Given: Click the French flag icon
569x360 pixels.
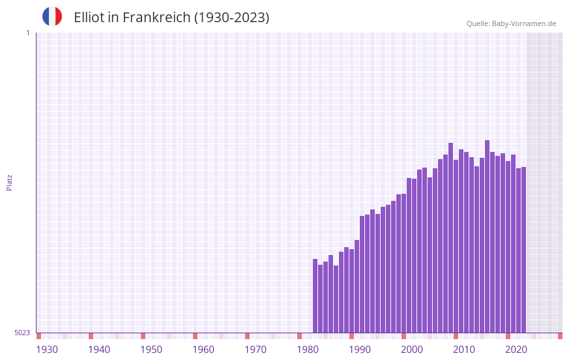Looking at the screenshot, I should pyautogui.click(x=52, y=16).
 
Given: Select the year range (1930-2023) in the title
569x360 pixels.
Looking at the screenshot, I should pyautogui.click(x=231, y=18).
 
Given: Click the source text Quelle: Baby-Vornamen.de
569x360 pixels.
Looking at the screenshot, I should pyautogui.click(x=511, y=23).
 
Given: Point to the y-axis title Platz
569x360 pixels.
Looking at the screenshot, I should pyautogui.click(x=9, y=182).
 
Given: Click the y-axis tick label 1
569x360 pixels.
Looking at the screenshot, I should pyautogui.click(x=27, y=33).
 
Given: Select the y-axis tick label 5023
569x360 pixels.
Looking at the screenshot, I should pyautogui.click(x=22, y=333).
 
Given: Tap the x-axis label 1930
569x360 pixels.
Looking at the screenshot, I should pyautogui.click(x=47, y=350).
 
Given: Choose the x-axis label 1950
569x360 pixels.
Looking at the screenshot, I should pyautogui.click(x=151, y=350).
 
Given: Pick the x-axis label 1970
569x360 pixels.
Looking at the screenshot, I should pyautogui.click(x=255, y=350).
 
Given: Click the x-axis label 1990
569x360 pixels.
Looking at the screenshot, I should pyautogui.click(x=360, y=350).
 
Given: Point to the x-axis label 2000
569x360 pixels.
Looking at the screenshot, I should pyautogui.click(x=412, y=350).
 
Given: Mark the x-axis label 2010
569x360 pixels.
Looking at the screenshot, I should pyautogui.click(x=464, y=350).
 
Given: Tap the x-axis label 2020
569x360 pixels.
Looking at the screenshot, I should pyautogui.click(x=516, y=350).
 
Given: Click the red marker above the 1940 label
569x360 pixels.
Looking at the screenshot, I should pyautogui.click(x=91, y=336).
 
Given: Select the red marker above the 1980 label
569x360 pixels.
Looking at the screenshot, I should pyautogui.click(x=299, y=336).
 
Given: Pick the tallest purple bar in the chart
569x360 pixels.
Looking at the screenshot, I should pyautogui.click(x=487, y=236).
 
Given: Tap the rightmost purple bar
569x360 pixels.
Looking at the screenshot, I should pyautogui.click(x=523, y=250).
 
